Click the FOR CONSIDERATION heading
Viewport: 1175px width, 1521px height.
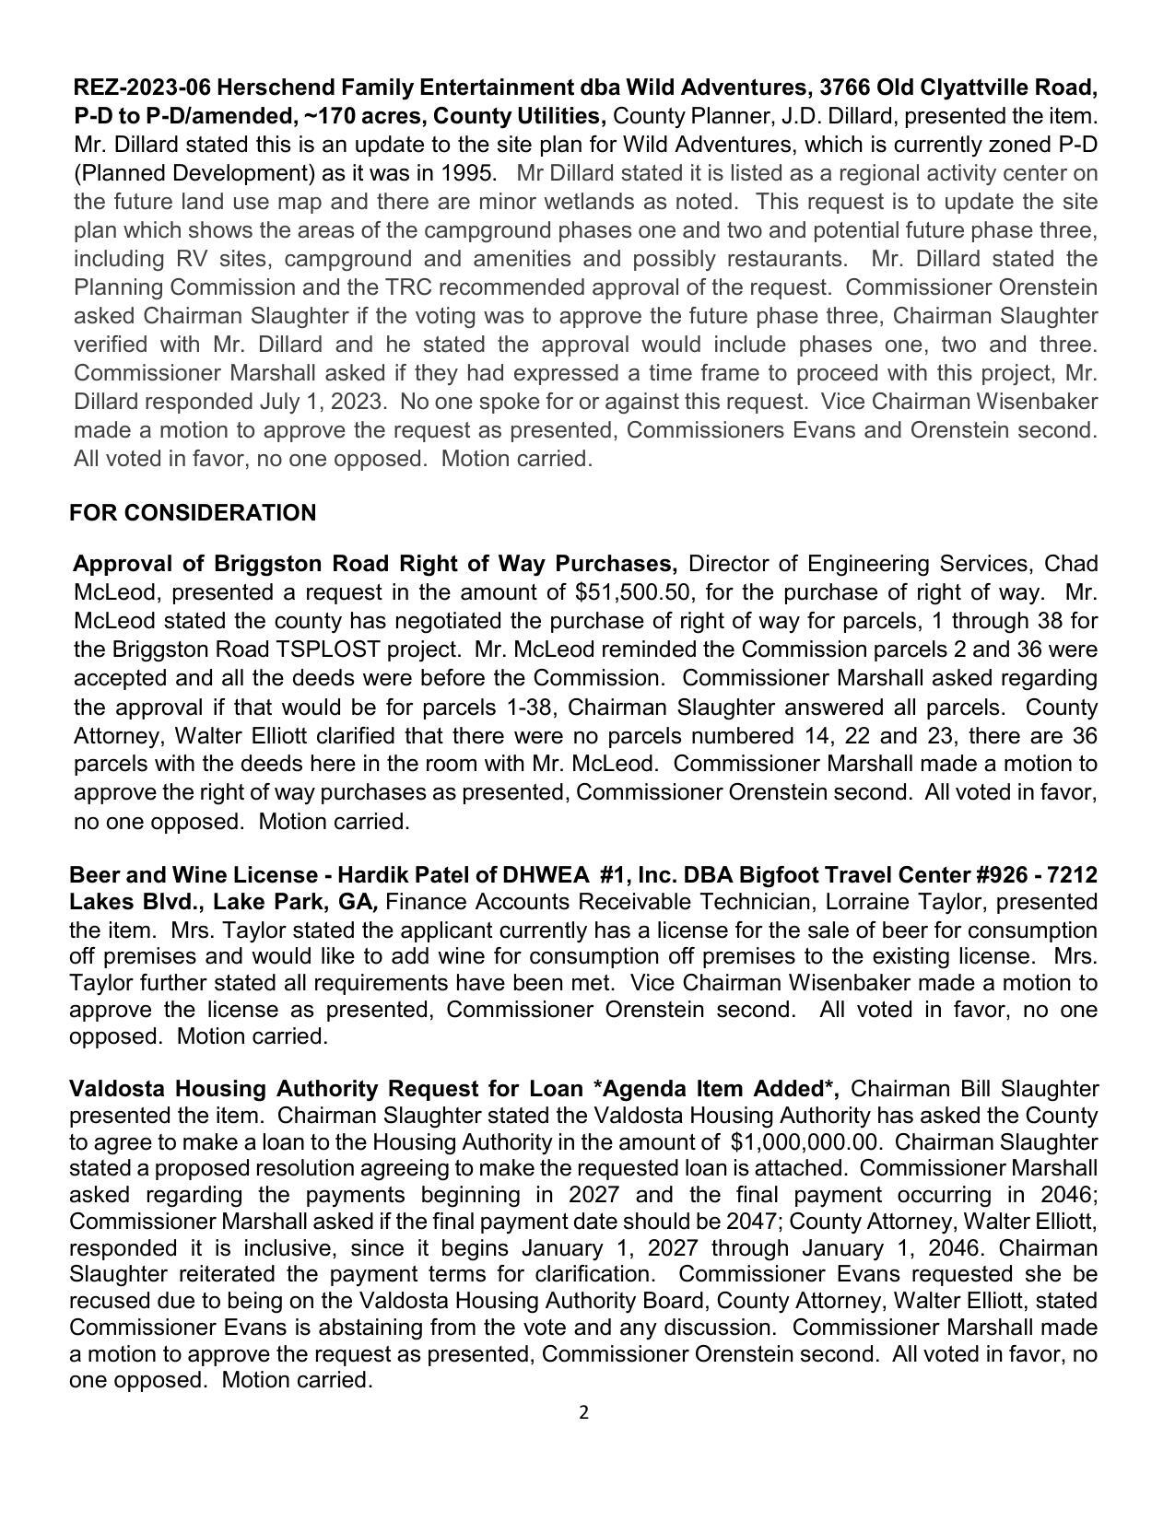pos(193,513)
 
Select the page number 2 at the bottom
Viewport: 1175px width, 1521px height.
pos(584,1413)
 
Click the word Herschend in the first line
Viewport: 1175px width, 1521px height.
pos(269,88)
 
